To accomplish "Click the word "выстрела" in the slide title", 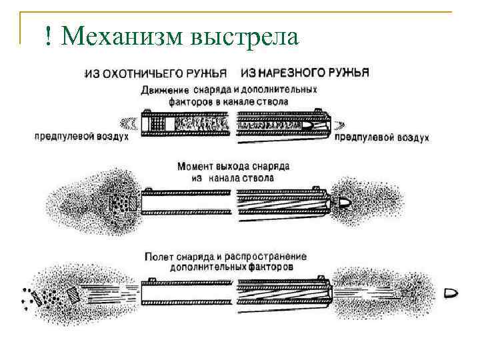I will coord(245,37).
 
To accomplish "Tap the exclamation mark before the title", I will coord(49,37).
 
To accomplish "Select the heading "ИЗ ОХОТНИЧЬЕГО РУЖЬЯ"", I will coord(155,73).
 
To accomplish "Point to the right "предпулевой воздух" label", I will coord(381,137).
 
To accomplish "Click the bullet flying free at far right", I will coord(450,292).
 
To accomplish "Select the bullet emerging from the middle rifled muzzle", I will coord(344,202).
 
